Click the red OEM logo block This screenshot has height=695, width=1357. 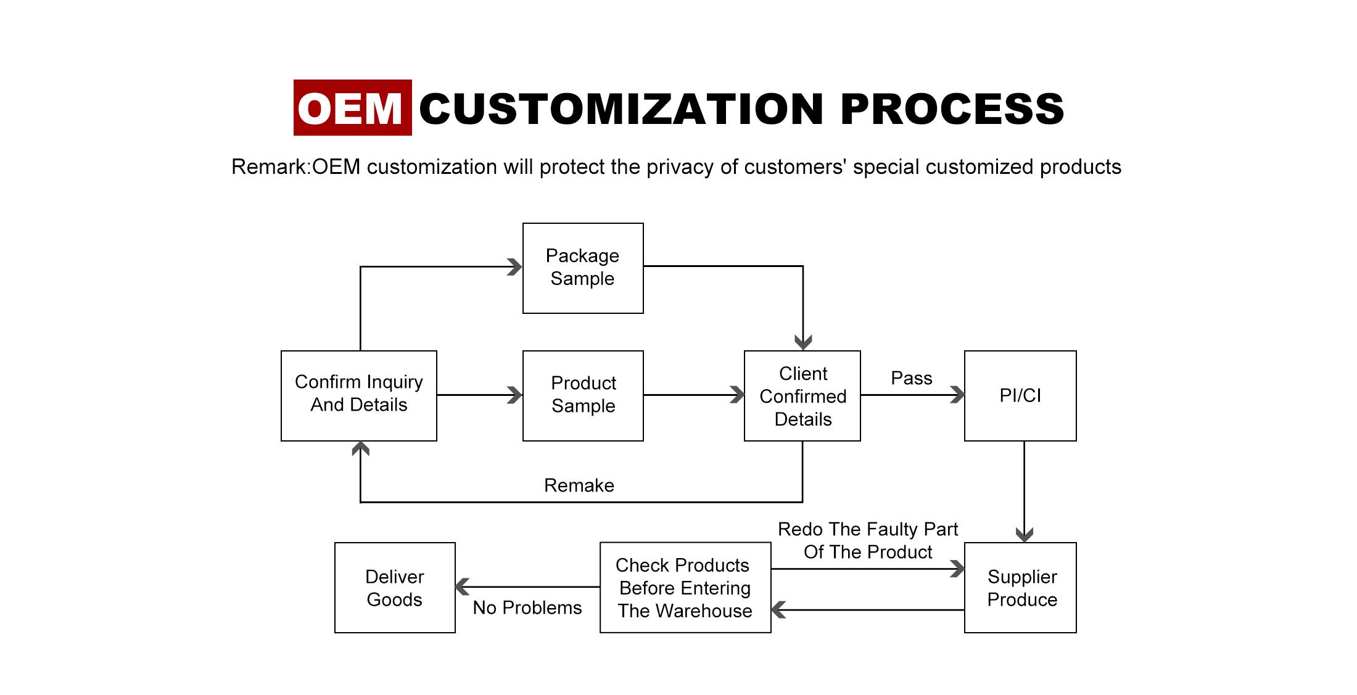pos(352,107)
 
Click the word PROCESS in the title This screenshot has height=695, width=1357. pos(952,109)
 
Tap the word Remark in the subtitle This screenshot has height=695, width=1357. pos(268,167)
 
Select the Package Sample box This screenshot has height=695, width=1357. pos(583,268)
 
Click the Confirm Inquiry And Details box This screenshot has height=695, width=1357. pos(359,396)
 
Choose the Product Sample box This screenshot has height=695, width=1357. pos(583,396)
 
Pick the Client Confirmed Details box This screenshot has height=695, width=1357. pos(802,396)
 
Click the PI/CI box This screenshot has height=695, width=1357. pos(1020,396)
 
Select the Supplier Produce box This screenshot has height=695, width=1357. pos(1020,588)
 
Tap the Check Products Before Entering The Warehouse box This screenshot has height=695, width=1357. pos(685,588)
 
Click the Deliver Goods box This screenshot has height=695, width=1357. pos(395,588)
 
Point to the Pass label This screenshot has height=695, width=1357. pos(912,378)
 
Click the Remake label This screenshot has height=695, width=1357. pos(579,485)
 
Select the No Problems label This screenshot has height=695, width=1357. pos(527,607)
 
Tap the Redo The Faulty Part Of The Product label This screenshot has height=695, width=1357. pos(868,540)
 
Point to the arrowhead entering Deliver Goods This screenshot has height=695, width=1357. pos(463,587)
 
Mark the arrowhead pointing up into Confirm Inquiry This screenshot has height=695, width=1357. pos(360,448)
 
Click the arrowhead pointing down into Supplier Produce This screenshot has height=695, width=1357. pos(1024,535)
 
